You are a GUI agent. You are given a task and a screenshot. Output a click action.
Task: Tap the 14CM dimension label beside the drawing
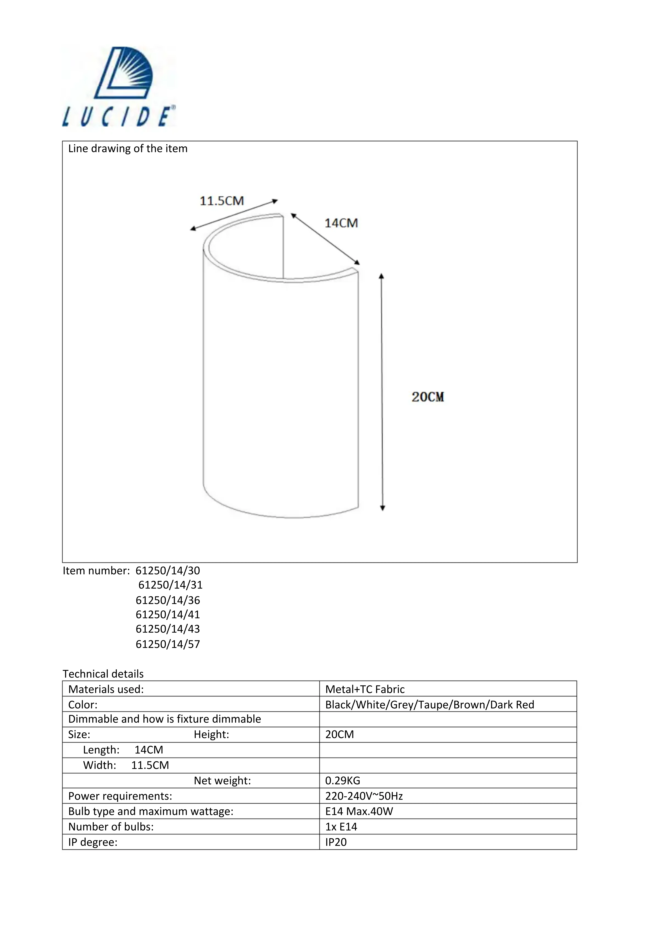click(341, 223)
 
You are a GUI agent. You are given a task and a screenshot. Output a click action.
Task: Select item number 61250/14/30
click(168, 571)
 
